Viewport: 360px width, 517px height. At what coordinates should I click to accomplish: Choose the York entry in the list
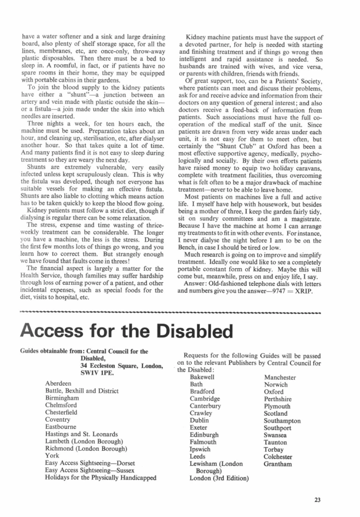pyautogui.click(x=52, y=455)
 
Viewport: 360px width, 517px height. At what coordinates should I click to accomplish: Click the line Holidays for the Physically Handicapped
pyautogui.click(x=101, y=477)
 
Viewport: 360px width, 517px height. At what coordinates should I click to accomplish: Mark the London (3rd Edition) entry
pyautogui.click(x=219, y=477)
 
